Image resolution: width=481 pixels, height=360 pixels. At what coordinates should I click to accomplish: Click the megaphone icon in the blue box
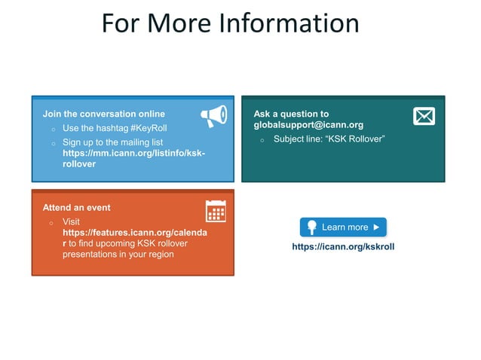click(214, 115)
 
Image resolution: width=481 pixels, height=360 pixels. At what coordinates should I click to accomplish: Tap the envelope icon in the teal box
click(424, 116)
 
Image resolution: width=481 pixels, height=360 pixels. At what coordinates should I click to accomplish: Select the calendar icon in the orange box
click(216, 211)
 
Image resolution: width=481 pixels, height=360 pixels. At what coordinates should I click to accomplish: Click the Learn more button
click(343, 227)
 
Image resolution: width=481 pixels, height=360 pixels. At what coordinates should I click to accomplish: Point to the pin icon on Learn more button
click(310, 227)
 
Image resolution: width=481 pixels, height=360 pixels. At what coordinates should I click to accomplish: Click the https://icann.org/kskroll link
click(343, 246)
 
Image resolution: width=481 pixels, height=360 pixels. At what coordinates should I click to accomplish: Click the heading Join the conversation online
click(103, 114)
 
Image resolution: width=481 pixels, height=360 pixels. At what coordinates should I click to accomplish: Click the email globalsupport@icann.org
click(308, 124)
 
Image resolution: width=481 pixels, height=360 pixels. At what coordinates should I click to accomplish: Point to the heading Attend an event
click(76, 207)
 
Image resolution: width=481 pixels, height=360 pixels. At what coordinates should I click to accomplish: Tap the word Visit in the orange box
click(71, 222)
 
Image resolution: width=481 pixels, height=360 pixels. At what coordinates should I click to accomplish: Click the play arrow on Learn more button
click(376, 227)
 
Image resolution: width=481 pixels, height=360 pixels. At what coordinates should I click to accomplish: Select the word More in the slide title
click(182, 23)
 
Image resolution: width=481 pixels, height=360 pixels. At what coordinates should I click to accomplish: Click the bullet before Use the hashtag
click(52, 129)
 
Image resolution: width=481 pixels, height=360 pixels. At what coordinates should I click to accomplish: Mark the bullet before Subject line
click(262, 140)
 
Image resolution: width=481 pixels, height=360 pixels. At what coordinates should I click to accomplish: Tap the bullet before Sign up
click(52, 142)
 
